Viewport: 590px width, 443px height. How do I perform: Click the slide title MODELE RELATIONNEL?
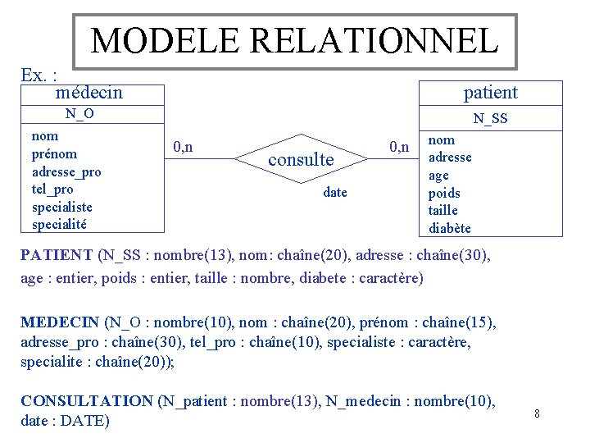(x=294, y=40)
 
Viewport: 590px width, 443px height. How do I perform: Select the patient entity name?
(x=490, y=92)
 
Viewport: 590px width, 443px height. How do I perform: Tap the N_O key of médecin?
(x=79, y=114)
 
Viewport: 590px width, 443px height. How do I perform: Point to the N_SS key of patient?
(x=491, y=120)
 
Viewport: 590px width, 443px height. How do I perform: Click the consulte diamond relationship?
(x=301, y=160)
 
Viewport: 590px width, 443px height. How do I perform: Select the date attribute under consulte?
(x=335, y=193)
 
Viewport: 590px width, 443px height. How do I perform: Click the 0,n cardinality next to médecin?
(x=183, y=147)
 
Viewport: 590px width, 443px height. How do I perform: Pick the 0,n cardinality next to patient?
(x=399, y=147)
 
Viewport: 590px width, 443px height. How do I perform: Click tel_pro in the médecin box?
(x=52, y=190)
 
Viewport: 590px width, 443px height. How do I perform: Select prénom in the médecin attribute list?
(x=54, y=154)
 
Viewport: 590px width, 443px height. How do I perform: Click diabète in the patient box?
(x=450, y=228)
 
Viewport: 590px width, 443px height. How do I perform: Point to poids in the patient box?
(x=444, y=194)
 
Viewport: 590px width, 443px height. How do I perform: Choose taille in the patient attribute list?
(x=443, y=211)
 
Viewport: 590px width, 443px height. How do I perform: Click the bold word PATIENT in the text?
(x=57, y=256)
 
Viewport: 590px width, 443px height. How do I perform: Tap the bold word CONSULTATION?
(x=86, y=401)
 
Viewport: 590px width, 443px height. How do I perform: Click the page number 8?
(x=537, y=413)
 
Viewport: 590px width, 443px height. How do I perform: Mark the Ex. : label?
(x=38, y=75)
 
